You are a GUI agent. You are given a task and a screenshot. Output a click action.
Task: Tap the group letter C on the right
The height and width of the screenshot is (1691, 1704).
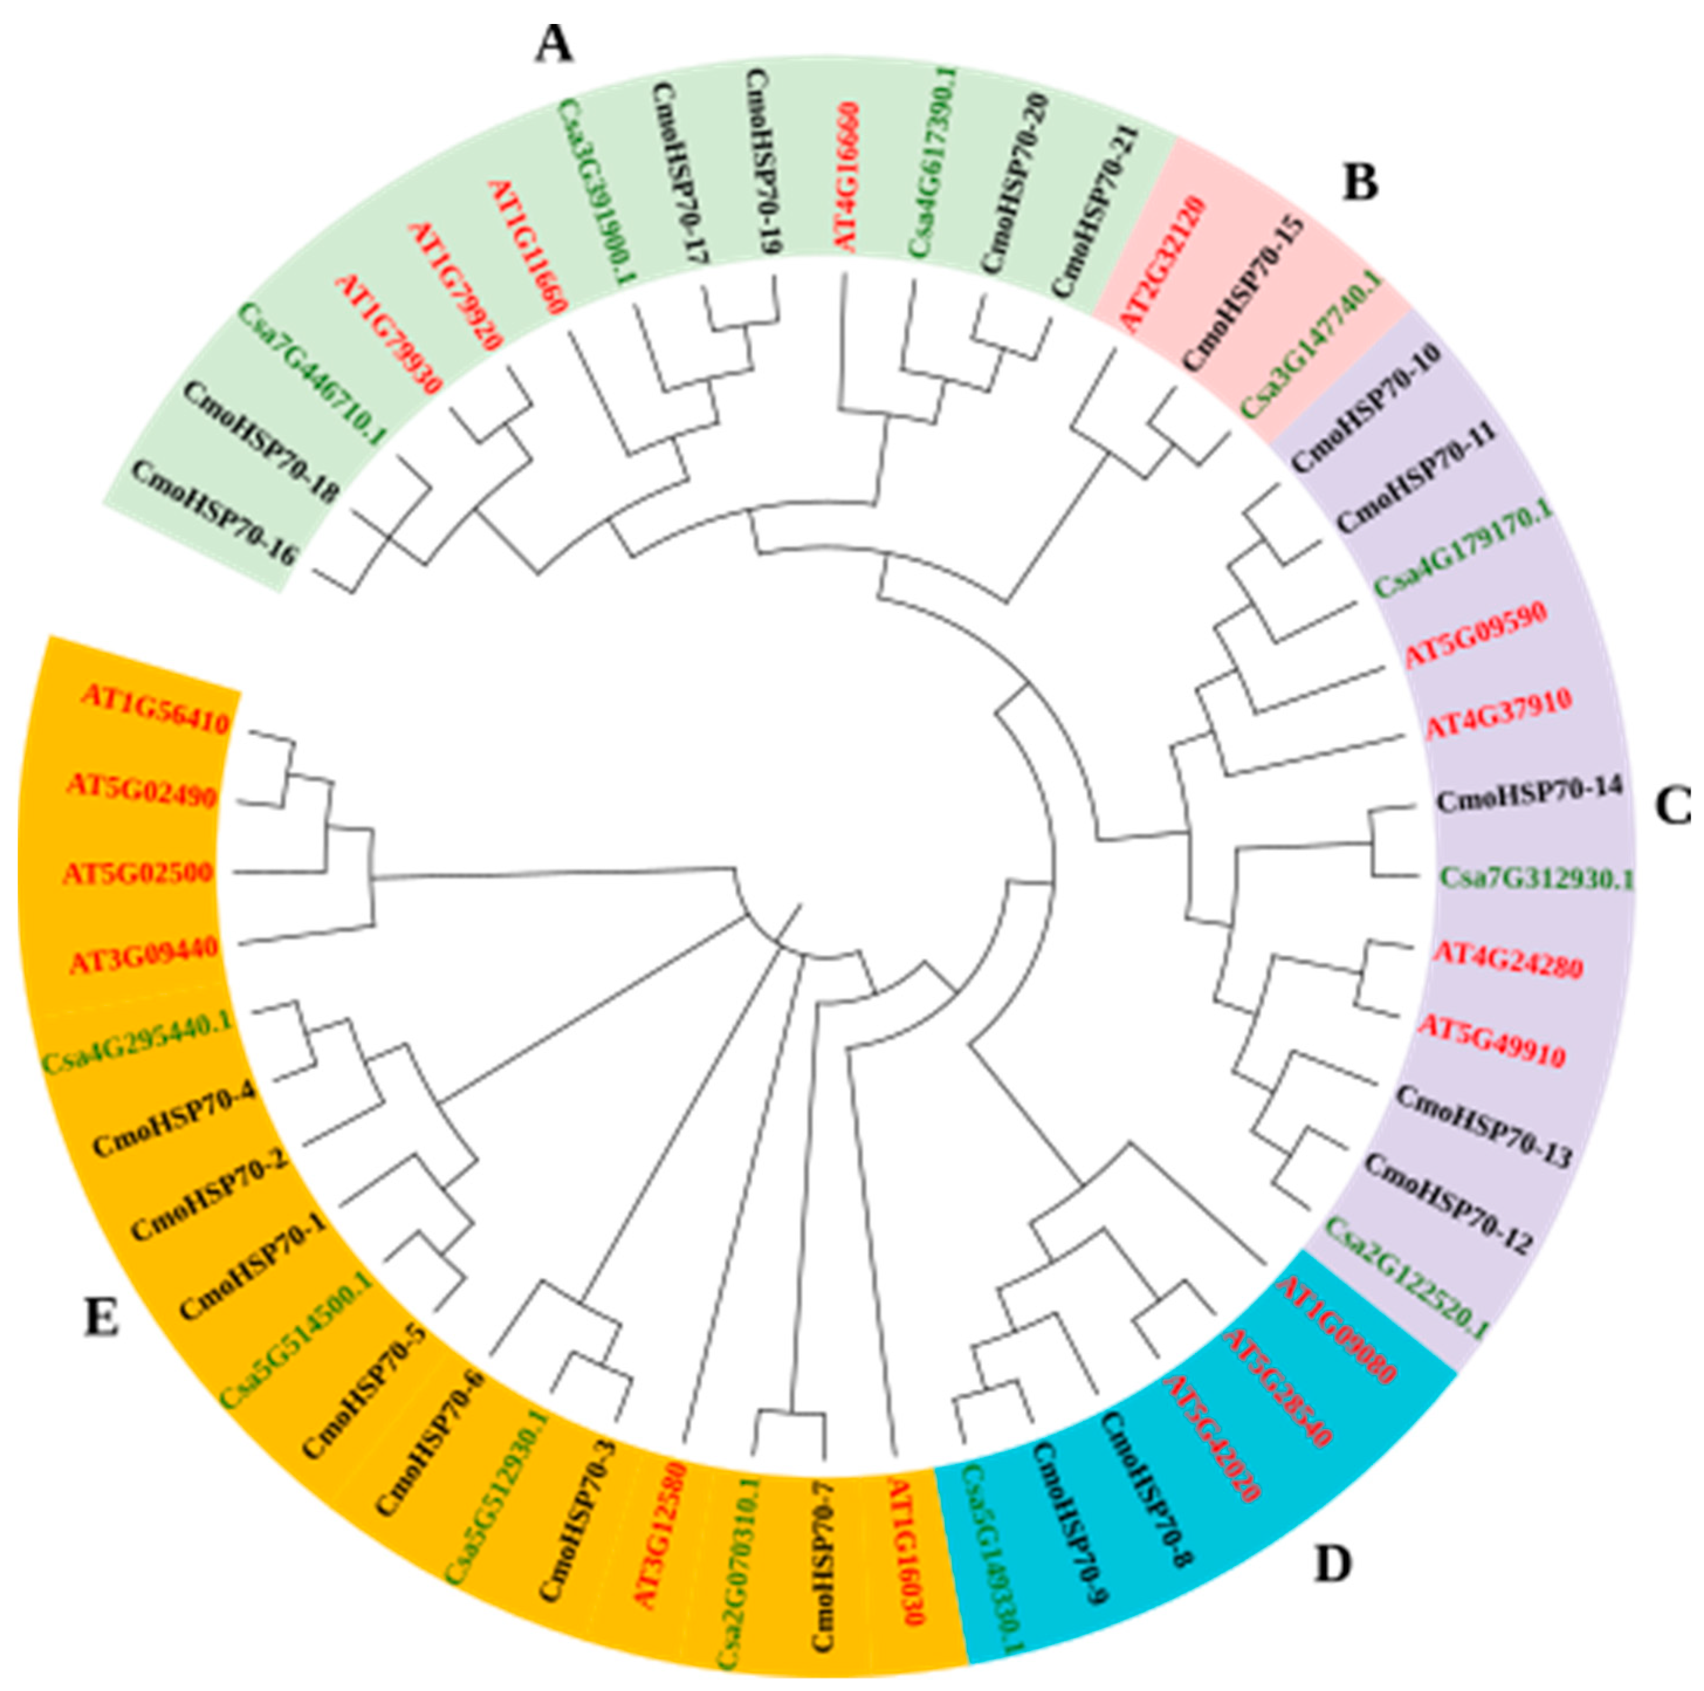point(1671,806)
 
